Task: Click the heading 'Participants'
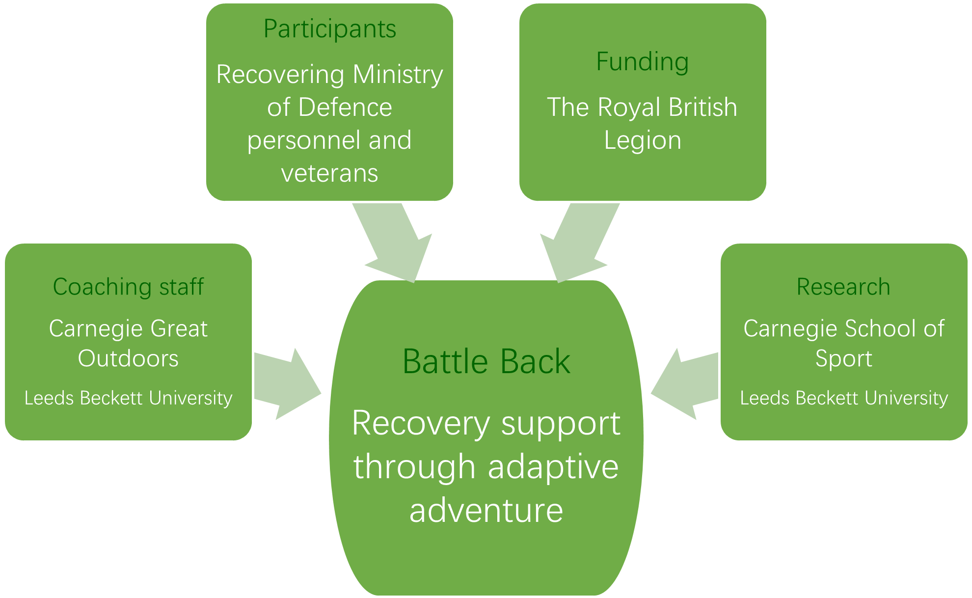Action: (329, 29)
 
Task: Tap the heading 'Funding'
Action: (642, 62)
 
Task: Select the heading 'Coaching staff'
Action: (128, 287)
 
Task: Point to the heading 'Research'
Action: (843, 287)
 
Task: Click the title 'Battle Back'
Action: (486, 362)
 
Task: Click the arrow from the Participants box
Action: (393, 241)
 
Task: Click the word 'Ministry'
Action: (398, 75)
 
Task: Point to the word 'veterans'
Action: (329, 173)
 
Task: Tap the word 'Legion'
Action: (642, 140)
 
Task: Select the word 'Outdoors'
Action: (128, 358)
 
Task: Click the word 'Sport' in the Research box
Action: (843, 359)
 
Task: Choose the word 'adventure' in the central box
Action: (486, 510)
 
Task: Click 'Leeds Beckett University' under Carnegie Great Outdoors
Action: (128, 398)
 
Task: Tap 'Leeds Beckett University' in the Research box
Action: (843, 398)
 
